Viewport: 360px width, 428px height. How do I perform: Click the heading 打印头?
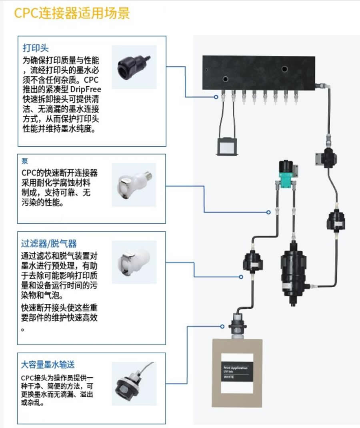click(35, 48)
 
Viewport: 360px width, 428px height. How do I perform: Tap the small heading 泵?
click(25, 162)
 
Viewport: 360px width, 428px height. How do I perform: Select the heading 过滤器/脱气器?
click(49, 243)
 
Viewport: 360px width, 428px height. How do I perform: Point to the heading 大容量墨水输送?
click(48, 364)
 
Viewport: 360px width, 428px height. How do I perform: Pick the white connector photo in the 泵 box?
click(133, 184)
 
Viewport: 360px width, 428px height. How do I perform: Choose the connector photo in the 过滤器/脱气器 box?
click(133, 261)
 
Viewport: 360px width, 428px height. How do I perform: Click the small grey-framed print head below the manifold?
click(227, 146)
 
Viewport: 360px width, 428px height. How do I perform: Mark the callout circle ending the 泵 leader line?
click(269, 212)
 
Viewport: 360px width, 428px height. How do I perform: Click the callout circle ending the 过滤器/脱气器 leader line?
click(241, 277)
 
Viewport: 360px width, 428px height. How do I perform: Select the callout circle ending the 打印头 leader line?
click(216, 97)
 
